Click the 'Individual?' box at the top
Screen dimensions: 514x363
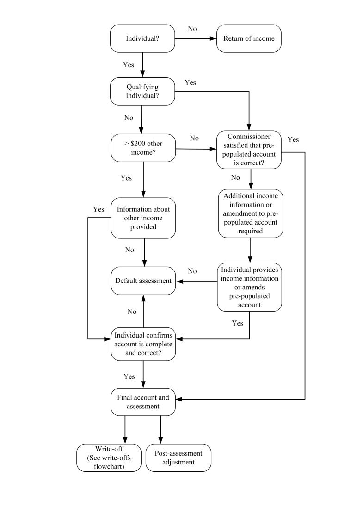[x=143, y=38]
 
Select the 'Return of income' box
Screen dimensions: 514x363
[x=249, y=38]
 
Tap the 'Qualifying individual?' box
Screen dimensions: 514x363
[x=143, y=91]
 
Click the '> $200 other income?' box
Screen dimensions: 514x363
[x=143, y=148]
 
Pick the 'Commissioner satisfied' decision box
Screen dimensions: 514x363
[x=250, y=149]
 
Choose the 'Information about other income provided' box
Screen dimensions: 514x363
[x=143, y=218]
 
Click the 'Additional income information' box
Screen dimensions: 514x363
[x=250, y=213]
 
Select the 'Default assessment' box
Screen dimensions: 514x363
[x=143, y=281]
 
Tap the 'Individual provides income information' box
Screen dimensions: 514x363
[x=250, y=287]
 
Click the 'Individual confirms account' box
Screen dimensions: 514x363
[x=143, y=344]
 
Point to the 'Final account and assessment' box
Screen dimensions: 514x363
[x=143, y=402]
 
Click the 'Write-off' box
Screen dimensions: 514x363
[x=108, y=458]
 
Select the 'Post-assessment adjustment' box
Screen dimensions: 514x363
[x=178, y=458]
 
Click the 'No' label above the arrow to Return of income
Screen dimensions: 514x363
[x=192, y=29]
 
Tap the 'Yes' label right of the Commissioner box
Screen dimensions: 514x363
[x=293, y=139]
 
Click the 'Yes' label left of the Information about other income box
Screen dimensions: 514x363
[x=98, y=209]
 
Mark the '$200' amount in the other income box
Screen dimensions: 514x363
[x=138, y=144]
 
